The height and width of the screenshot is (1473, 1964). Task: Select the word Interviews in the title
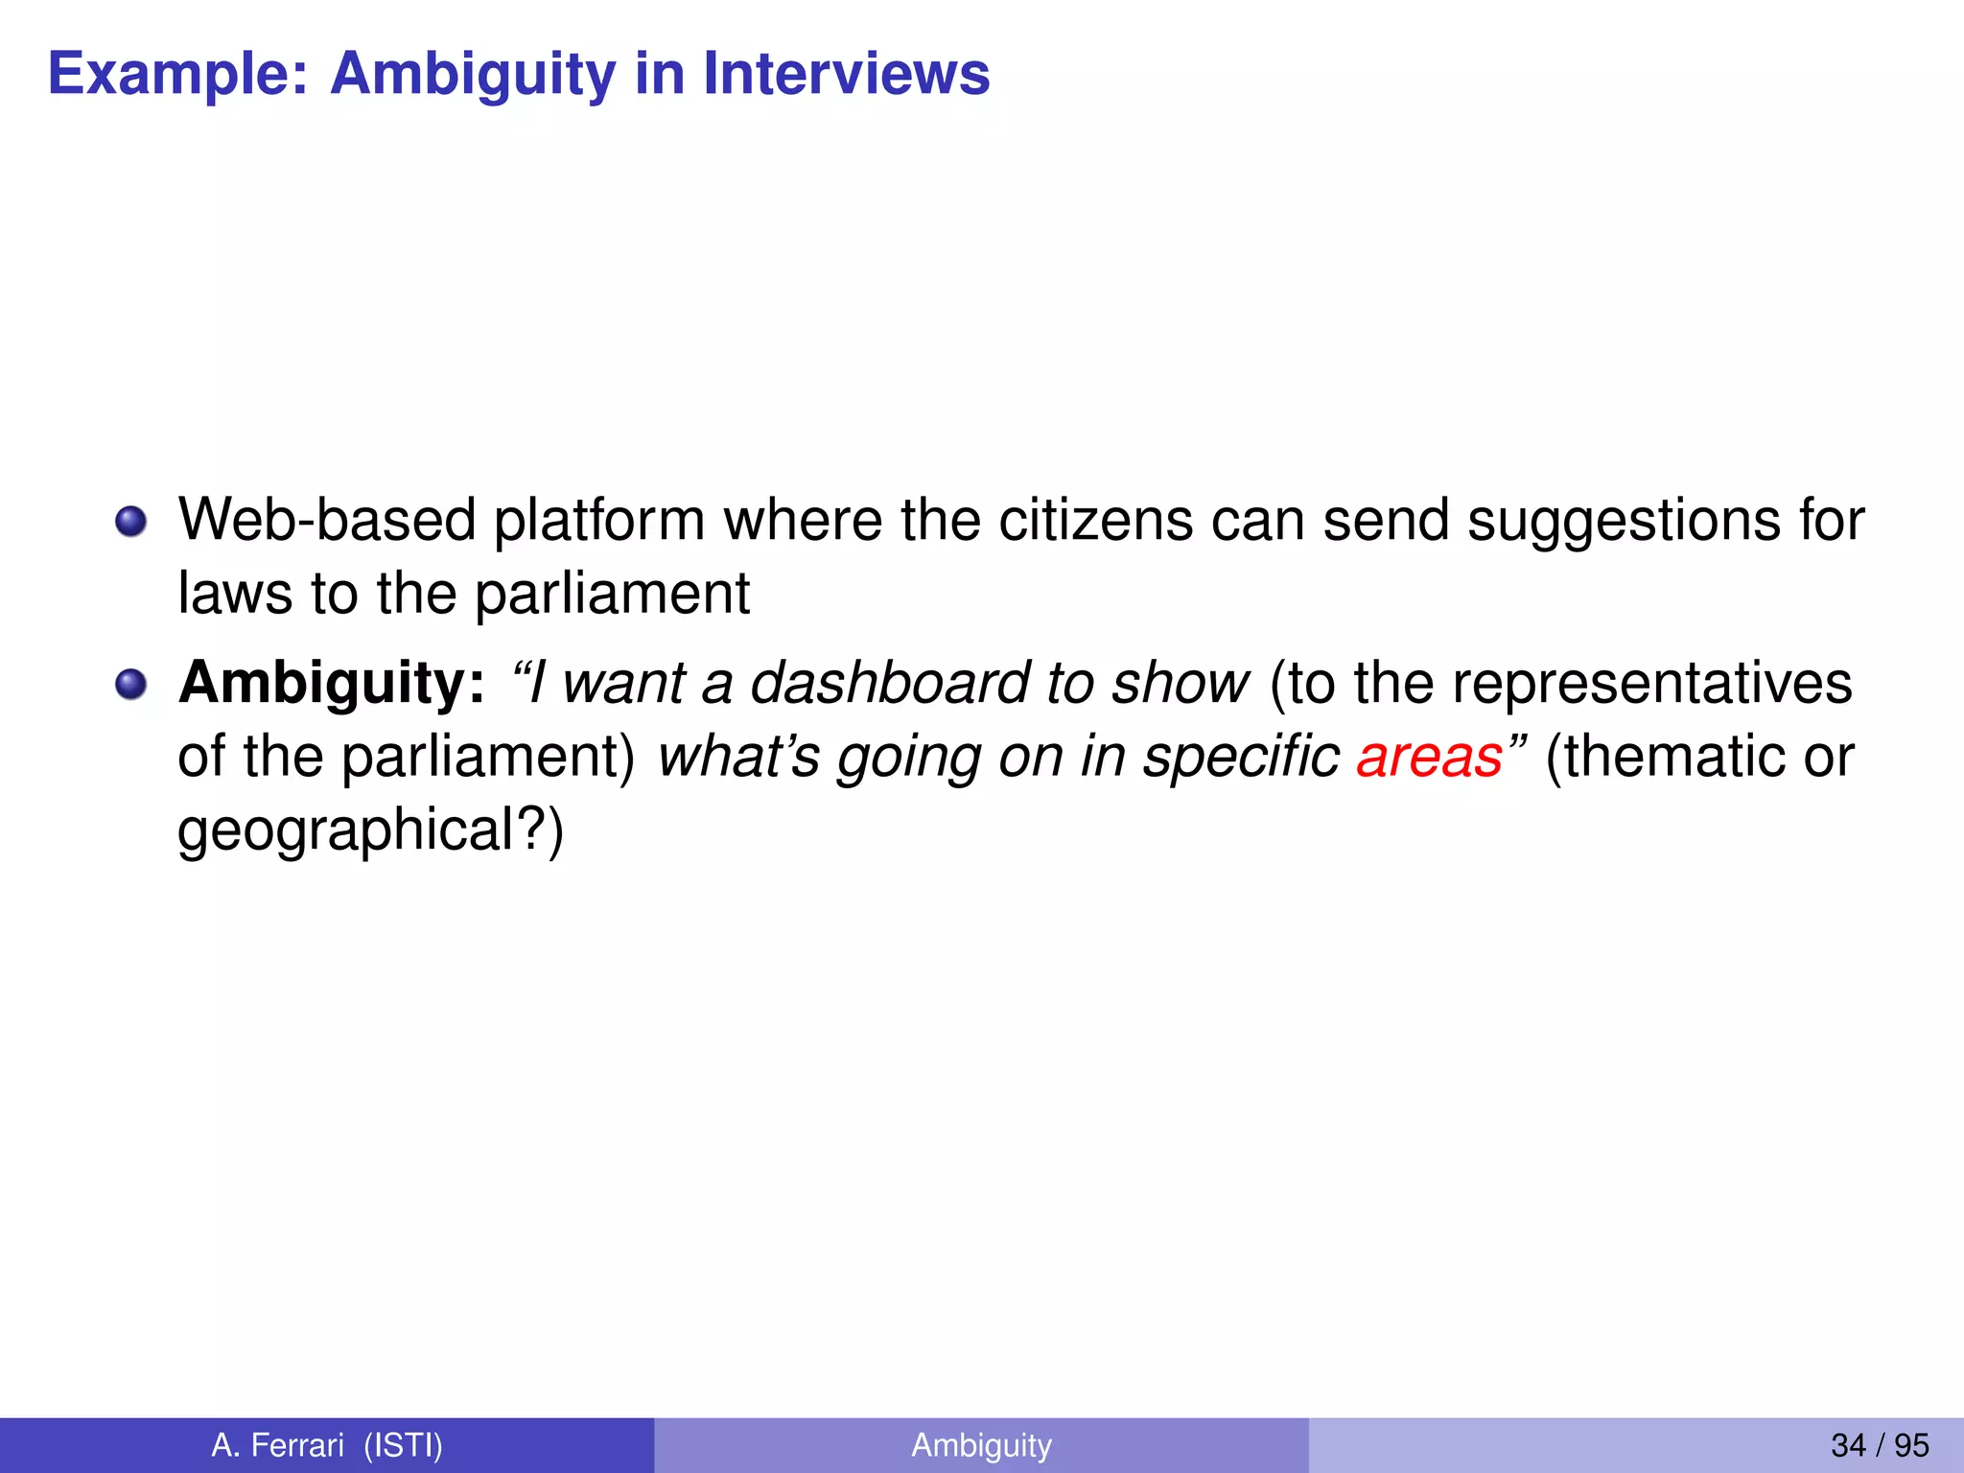tap(846, 73)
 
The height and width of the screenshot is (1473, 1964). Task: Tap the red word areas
tap(1429, 757)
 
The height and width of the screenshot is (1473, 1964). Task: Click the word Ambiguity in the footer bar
tap(981, 1445)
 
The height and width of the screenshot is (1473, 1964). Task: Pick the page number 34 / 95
tap(1880, 1445)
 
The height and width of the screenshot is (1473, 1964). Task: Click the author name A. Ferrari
tap(277, 1445)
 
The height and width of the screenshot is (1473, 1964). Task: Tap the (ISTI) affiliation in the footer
tap(404, 1445)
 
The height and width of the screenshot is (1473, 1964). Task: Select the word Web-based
tap(327, 520)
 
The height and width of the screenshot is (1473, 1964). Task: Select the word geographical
tap(346, 830)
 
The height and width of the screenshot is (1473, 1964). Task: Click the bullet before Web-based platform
tap(130, 522)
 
